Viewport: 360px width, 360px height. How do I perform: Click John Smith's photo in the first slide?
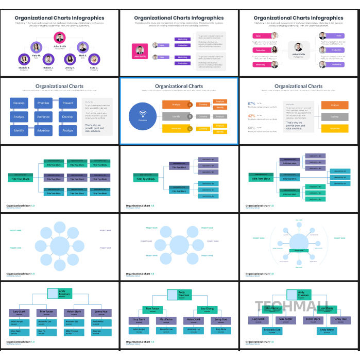(x=60, y=38)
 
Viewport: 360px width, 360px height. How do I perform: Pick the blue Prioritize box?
(x=43, y=103)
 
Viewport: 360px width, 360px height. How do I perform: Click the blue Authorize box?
(x=43, y=117)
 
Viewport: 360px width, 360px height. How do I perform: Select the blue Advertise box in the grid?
(x=43, y=130)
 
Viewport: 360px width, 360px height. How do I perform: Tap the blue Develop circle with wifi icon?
(x=143, y=116)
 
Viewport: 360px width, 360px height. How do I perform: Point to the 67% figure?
(x=252, y=104)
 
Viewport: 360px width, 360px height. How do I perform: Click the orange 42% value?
(x=252, y=116)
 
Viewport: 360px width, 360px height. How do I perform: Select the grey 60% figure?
(x=252, y=128)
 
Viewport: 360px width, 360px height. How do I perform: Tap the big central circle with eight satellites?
(x=60, y=247)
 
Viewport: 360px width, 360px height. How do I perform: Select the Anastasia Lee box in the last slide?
(x=272, y=330)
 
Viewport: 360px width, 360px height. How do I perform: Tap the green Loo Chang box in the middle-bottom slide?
(x=204, y=309)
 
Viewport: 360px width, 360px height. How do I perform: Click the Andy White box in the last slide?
(x=327, y=330)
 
